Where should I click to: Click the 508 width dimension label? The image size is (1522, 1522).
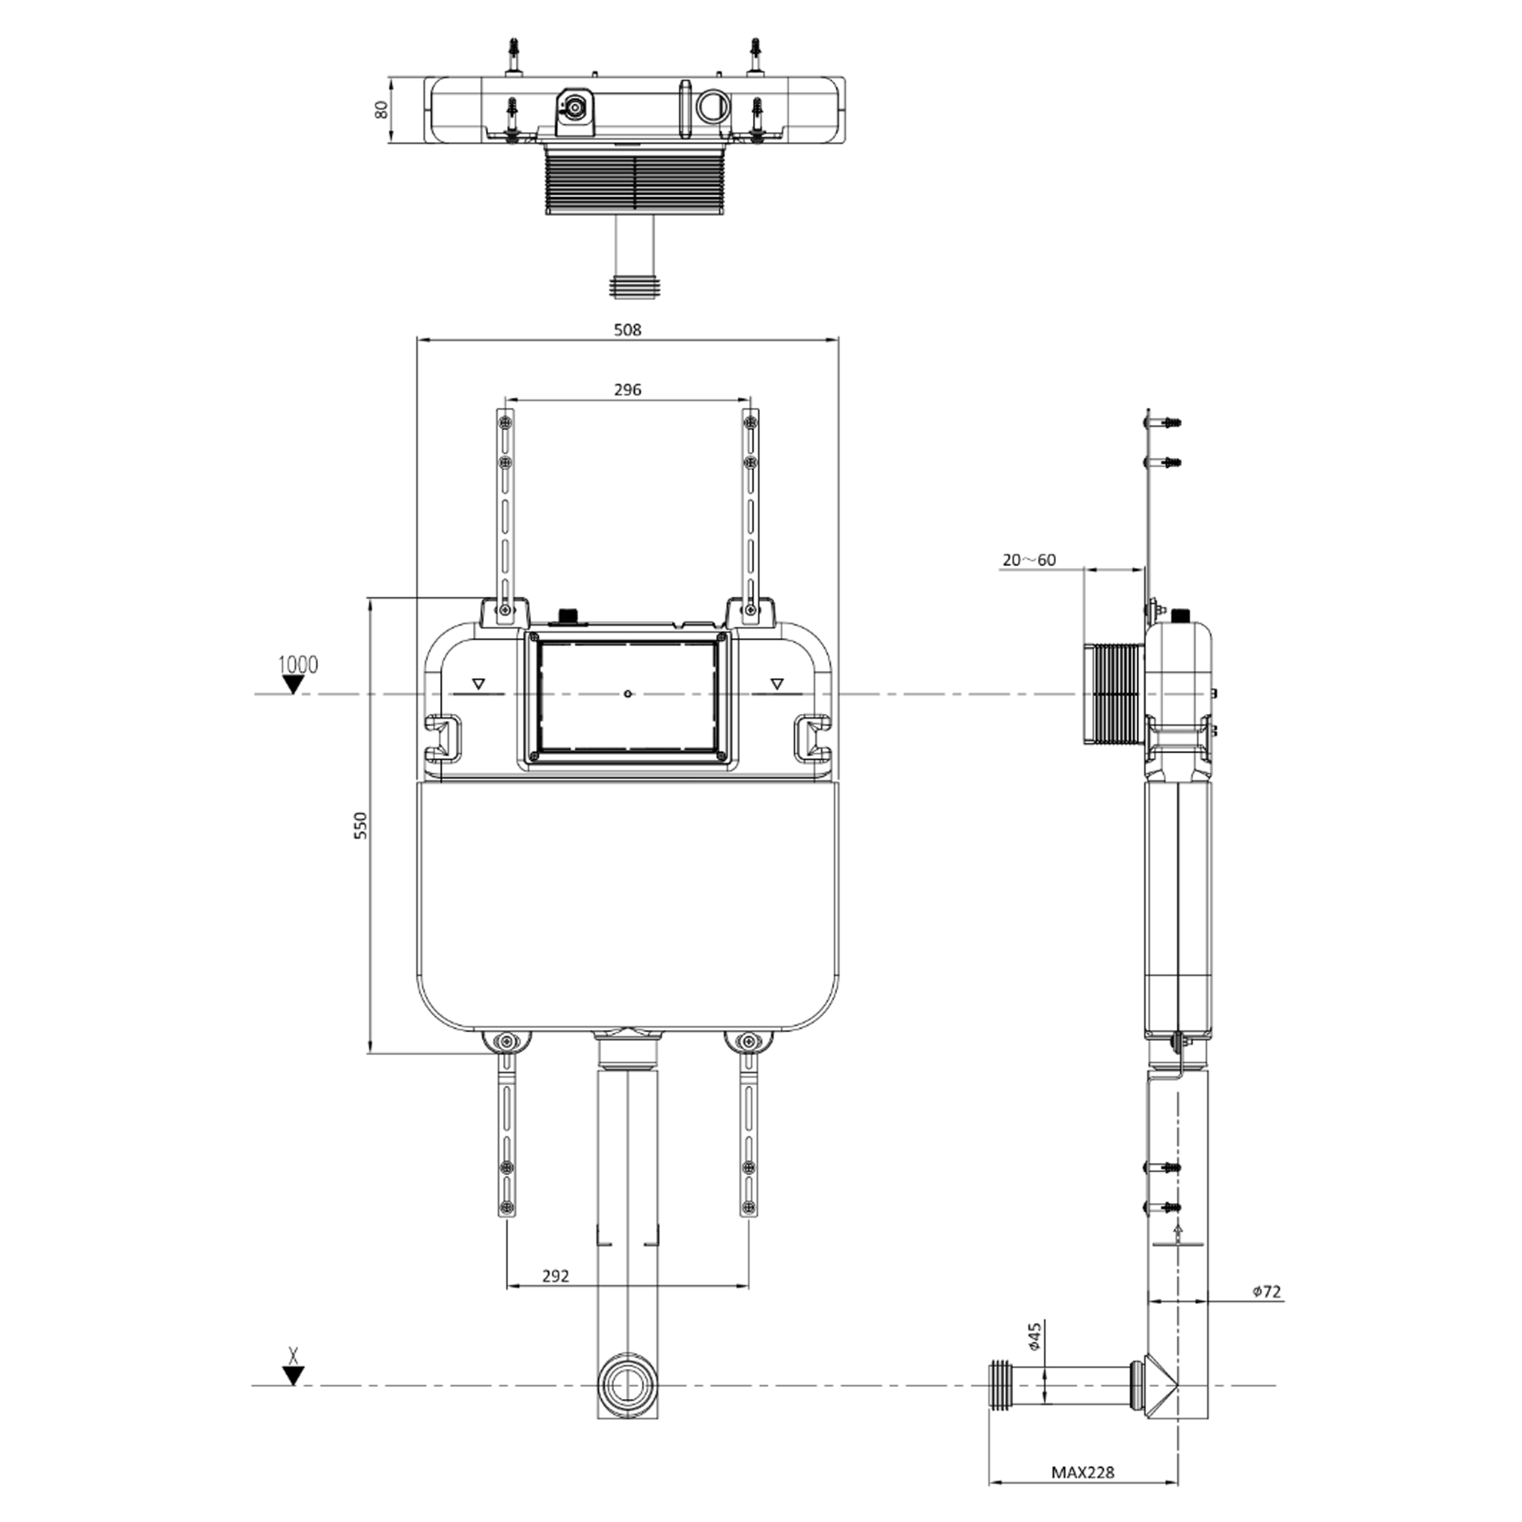pos(627,330)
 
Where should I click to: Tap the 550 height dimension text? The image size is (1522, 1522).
pos(360,825)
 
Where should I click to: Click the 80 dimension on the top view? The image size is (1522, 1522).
pos(382,110)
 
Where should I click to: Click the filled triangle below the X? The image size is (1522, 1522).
pos(294,1375)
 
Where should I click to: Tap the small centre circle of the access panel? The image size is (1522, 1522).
pos(626,693)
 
